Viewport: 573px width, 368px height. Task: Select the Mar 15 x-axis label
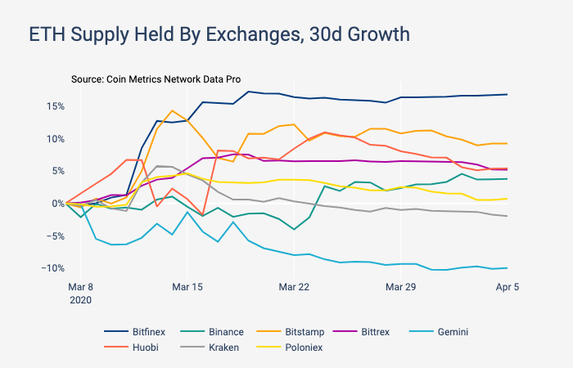[x=187, y=287]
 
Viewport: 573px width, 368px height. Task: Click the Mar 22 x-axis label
[x=293, y=287]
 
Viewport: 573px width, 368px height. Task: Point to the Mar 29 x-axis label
[x=400, y=287]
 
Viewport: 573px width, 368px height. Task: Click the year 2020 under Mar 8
[x=79, y=300]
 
